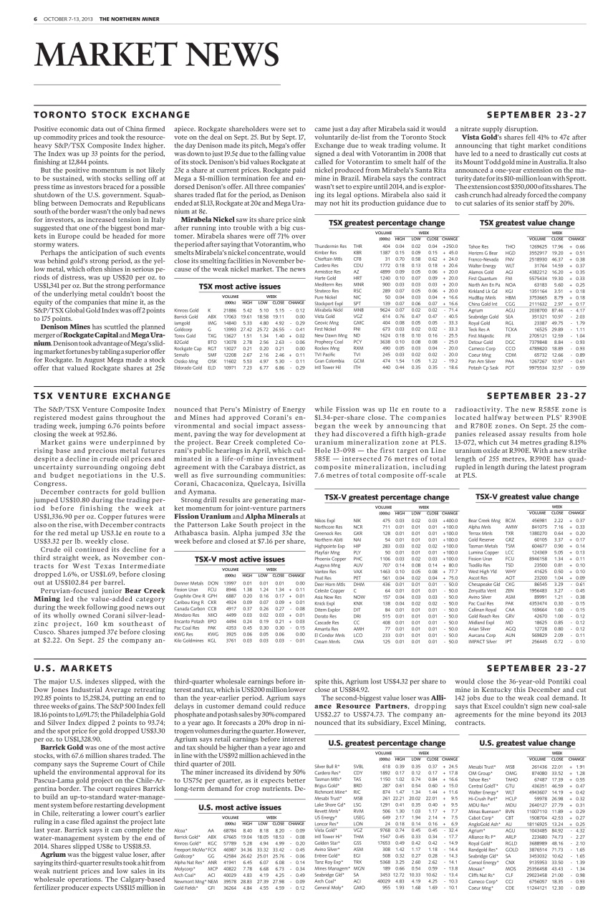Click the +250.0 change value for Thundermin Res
[450, 246]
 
